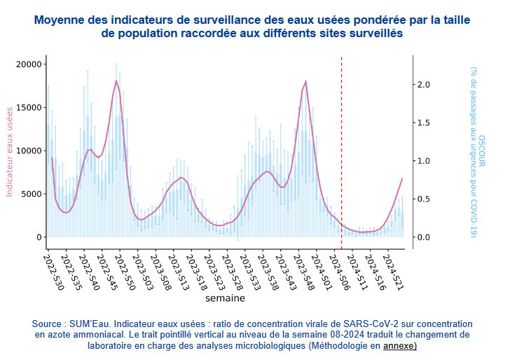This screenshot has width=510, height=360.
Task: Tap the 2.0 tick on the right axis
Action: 423,84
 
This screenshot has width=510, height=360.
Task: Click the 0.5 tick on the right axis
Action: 423,199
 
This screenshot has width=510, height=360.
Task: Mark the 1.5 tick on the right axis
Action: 423,123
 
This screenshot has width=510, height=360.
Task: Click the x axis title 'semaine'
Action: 225,298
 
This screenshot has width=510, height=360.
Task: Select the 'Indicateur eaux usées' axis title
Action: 10,151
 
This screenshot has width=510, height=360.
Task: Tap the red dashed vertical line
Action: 341,140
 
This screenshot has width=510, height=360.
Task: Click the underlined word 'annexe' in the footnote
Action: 399,346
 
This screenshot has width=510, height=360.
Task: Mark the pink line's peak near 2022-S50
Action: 116,81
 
